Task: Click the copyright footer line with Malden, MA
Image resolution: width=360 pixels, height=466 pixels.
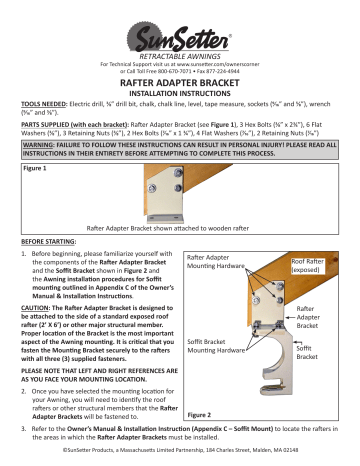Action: pos(180,458)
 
